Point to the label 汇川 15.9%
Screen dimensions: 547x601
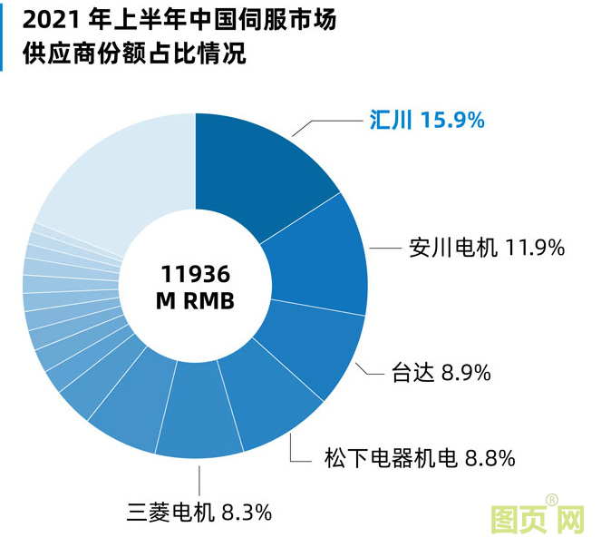click(x=427, y=119)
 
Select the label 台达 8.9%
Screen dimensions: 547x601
click(x=441, y=372)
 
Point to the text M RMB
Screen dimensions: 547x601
click(x=196, y=300)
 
